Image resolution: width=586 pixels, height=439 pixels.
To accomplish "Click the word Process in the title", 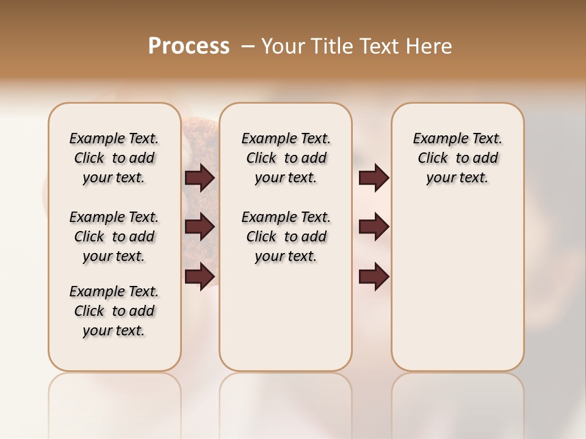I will [x=189, y=46].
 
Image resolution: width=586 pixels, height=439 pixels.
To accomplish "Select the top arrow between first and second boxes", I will [x=200, y=178].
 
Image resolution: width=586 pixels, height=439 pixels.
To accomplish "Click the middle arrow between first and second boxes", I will [x=200, y=227].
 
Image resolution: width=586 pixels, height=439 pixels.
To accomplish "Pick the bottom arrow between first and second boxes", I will [x=200, y=276].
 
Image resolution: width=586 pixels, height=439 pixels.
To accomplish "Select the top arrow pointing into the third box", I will [x=374, y=178].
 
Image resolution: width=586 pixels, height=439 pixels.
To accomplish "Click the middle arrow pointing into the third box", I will [x=374, y=227].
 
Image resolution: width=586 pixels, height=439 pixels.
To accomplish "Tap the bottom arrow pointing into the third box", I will [x=374, y=276].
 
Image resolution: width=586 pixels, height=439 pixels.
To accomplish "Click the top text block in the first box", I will [x=114, y=158].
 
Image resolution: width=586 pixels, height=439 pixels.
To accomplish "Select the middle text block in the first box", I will [x=114, y=237].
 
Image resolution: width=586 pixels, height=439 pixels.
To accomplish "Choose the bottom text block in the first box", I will [x=114, y=311].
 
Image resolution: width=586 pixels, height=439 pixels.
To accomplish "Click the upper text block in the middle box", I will [x=286, y=158].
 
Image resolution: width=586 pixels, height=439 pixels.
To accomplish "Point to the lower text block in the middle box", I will [x=286, y=237].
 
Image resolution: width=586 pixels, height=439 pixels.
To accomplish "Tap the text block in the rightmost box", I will [x=458, y=158].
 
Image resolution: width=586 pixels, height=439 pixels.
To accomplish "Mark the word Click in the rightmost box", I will [x=433, y=159].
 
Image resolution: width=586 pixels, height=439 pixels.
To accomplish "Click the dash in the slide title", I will [x=248, y=46].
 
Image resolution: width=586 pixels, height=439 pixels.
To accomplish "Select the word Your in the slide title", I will [x=281, y=46].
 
